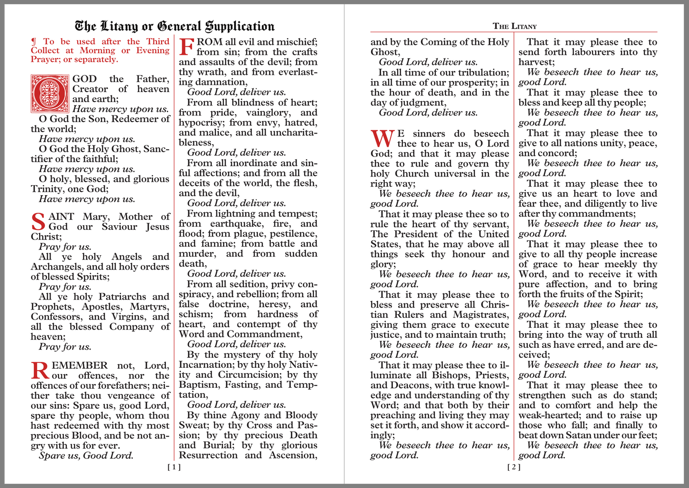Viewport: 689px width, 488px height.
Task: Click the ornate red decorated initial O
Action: tap(50, 93)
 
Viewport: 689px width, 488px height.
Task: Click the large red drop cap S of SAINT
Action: tap(38, 222)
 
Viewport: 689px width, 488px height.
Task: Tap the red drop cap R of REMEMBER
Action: tap(40, 371)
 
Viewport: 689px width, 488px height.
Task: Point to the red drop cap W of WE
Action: tap(382, 139)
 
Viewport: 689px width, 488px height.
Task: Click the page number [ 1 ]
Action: tap(174, 467)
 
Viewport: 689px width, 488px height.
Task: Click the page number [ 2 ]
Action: tap(514, 467)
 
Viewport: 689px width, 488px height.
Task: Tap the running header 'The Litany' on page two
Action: tap(514, 26)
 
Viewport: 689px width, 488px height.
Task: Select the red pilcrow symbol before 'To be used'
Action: tap(33, 42)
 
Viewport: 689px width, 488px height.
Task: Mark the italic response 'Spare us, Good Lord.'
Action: tap(86, 456)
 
